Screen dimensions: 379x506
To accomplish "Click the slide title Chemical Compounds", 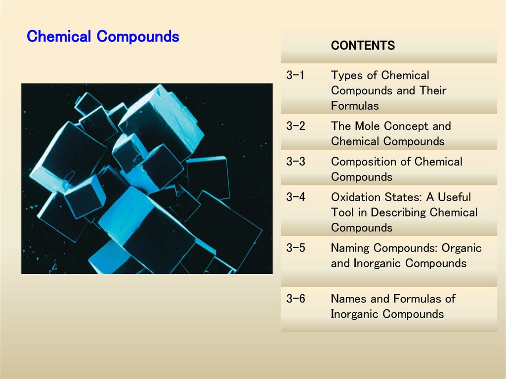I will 103,37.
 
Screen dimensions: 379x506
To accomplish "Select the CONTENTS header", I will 363,46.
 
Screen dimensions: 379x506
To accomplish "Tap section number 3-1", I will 295,76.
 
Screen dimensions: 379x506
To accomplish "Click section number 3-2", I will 295,126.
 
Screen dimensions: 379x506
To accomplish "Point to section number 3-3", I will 295,162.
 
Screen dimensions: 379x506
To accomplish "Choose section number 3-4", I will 295,197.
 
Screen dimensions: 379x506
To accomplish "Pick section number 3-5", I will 295,248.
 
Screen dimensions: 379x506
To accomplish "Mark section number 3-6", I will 295,298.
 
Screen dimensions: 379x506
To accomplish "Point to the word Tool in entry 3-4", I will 342,212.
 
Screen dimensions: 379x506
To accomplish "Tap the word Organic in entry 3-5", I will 462,248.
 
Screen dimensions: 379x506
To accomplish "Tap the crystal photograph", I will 147,178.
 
